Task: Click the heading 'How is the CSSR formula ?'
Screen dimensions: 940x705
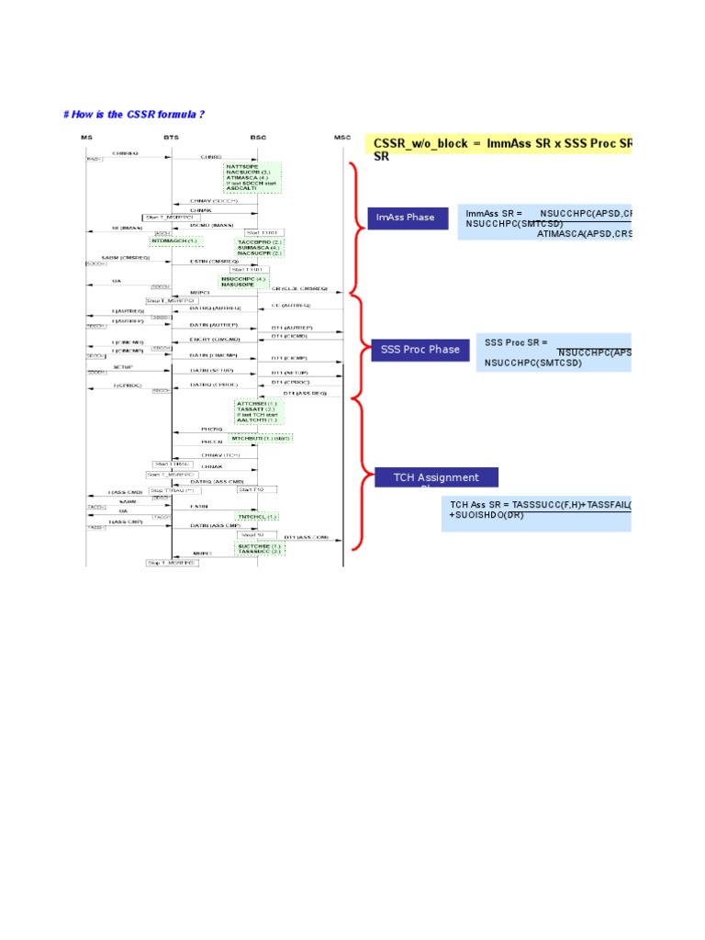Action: [x=133, y=114]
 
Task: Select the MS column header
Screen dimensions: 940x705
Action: [x=86, y=137]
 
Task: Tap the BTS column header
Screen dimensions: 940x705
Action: [x=172, y=137]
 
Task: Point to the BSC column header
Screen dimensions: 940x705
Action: [x=258, y=137]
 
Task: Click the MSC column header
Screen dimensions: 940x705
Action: [x=342, y=137]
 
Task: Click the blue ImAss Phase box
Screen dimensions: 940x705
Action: [x=408, y=218]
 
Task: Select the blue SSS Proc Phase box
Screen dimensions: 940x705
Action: [x=420, y=350]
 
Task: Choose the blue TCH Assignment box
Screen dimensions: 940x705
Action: [x=436, y=477]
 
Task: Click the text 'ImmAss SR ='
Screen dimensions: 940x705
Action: [x=494, y=213]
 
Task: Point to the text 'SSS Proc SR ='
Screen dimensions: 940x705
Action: [x=516, y=342]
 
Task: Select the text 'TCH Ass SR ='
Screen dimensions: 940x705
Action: [x=480, y=505]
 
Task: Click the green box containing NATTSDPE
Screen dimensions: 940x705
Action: [x=252, y=177]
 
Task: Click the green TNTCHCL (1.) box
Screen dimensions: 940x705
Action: [x=257, y=517]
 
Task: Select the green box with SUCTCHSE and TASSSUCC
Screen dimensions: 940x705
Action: [x=260, y=549]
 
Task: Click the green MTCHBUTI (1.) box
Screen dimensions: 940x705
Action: [x=261, y=439]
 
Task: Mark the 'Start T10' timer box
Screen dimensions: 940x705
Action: [x=251, y=489]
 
